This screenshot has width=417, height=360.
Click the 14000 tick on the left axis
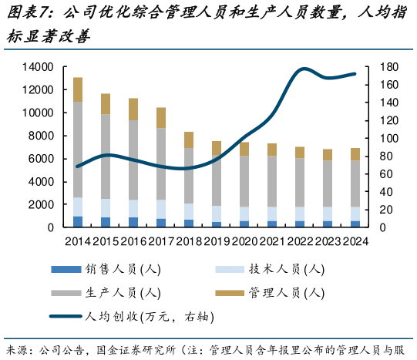37,67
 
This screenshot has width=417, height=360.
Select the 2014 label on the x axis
78,242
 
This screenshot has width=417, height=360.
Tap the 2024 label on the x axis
355,242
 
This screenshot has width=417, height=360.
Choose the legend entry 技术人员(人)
285,269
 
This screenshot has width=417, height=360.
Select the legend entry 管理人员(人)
285,292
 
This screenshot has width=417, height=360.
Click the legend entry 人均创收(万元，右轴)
146,316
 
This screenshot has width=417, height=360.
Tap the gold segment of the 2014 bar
78,89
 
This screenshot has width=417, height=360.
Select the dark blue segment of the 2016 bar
133,222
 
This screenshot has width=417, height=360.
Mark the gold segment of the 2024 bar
355,154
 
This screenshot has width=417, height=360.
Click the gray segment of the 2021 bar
271,181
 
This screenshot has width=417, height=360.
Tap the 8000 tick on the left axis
40,136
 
